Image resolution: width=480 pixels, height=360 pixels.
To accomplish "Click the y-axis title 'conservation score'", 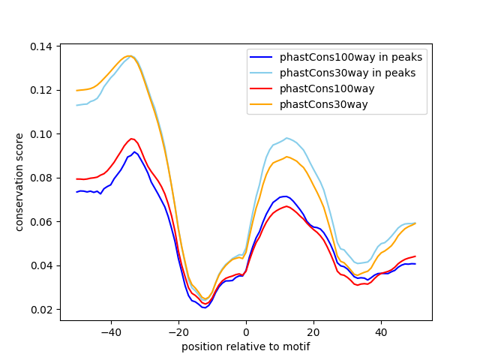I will [20, 182].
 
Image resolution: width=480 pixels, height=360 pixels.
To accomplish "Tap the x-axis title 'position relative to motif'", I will [245, 346].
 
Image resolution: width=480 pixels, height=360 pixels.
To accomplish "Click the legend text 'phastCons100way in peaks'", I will [351, 57].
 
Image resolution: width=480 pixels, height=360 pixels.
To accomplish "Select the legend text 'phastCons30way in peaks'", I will [348, 73].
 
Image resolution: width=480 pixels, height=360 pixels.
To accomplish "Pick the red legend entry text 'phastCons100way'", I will [327, 88].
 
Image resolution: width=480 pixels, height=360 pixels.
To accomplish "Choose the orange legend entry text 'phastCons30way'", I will [324, 104].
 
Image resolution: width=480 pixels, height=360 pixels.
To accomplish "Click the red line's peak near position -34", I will [131, 139].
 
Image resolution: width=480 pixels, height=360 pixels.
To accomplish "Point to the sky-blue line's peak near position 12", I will [286, 138].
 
